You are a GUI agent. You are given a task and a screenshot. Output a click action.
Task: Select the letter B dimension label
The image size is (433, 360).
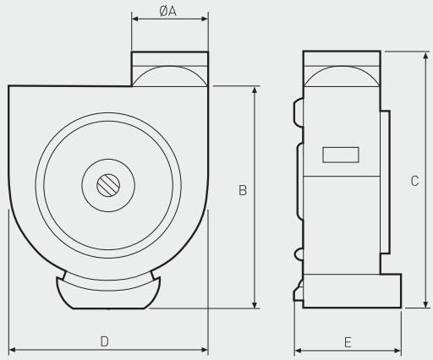tap(242, 192)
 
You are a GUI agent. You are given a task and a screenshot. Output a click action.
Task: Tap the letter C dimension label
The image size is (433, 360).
tap(414, 180)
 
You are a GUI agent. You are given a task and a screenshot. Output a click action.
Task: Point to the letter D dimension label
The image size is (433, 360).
tap(105, 341)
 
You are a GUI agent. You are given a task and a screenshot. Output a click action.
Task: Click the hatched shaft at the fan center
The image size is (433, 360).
tap(107, 185)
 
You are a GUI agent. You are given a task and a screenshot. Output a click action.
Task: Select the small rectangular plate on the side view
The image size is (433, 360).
tap(341, 155)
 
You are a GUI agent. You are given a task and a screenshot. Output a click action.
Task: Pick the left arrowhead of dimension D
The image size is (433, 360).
tap(12, 348)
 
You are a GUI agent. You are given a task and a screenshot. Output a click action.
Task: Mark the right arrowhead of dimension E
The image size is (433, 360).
tap(397, 348)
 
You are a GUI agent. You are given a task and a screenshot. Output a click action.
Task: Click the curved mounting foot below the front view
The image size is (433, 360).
tap(107, 294)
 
